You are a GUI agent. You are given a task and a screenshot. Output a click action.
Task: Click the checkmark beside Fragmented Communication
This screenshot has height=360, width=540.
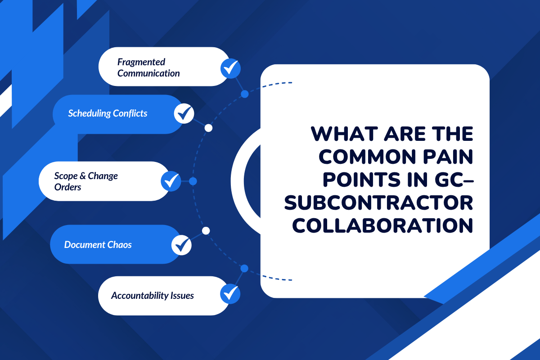pos(230,68)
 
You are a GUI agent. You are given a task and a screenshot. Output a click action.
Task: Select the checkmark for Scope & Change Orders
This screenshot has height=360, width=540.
pos(171,181)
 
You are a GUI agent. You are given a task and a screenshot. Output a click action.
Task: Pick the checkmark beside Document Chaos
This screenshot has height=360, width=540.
pos(182,245)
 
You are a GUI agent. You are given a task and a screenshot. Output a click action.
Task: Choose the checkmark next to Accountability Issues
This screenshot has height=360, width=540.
pos(230,294)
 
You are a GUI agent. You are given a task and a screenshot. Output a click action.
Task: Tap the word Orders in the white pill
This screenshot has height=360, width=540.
pos(67,187)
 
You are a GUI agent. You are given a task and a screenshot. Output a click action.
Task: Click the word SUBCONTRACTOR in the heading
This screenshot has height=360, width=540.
pos(379,202)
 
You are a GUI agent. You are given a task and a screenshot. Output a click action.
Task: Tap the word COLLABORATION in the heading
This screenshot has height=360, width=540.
pos(383,225)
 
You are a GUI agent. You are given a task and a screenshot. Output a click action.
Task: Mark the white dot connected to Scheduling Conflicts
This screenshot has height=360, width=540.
pos(208,128)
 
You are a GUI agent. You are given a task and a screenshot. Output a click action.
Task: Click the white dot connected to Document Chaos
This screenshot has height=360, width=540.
pos(206,231)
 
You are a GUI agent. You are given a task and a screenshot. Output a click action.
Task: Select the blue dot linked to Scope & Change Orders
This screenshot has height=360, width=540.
pos(193,181)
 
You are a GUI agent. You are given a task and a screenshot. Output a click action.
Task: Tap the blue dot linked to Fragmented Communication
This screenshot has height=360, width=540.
pos(245,94)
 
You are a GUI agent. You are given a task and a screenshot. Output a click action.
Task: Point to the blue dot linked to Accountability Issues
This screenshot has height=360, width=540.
pos(244,269)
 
